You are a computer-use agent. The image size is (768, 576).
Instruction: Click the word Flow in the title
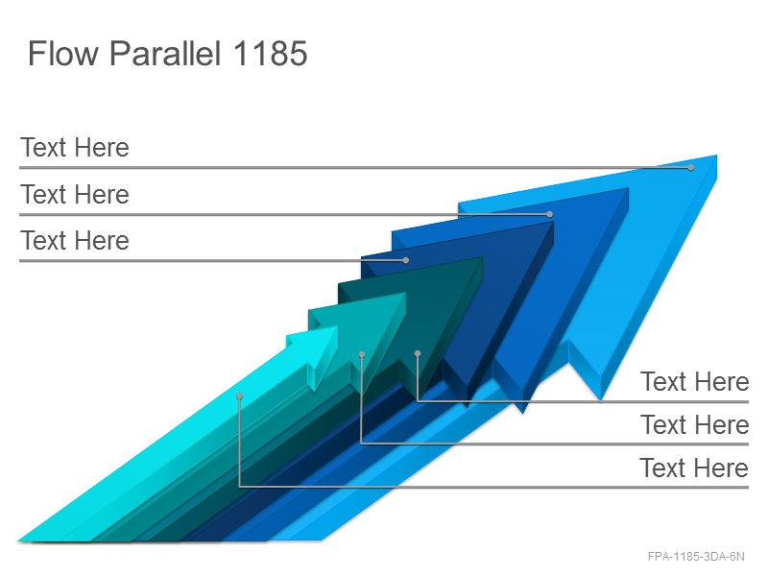click(63, 53)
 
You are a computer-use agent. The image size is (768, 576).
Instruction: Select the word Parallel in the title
click(165, 53)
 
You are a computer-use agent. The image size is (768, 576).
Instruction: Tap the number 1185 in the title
click(271, 53)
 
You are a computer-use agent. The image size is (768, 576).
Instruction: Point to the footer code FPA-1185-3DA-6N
click(696, 557)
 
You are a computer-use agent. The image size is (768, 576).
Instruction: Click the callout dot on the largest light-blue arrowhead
click(690, 167)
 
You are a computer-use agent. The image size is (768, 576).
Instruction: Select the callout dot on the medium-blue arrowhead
click(549, 214)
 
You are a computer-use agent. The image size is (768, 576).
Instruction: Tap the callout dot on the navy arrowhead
click(405, 260)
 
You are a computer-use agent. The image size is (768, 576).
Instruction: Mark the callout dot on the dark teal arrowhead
click(418, 353)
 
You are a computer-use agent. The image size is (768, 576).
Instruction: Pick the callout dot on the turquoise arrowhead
click(362, 354)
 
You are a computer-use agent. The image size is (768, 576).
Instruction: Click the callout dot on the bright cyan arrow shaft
click(239, 396)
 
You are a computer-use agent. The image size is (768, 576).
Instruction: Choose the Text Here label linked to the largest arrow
click(75, 148)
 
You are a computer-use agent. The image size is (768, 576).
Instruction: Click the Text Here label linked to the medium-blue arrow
click(75, 194)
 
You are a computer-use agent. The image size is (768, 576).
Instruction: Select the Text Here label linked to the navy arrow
click(75, 241)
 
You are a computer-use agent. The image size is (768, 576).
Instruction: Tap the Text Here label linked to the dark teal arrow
click(694, 381)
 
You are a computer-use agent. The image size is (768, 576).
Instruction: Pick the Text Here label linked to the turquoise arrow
click(694, 424)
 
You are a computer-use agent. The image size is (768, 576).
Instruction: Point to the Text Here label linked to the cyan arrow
click(694, 468)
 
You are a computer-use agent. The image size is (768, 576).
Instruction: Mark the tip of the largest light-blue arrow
click(716, 156)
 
